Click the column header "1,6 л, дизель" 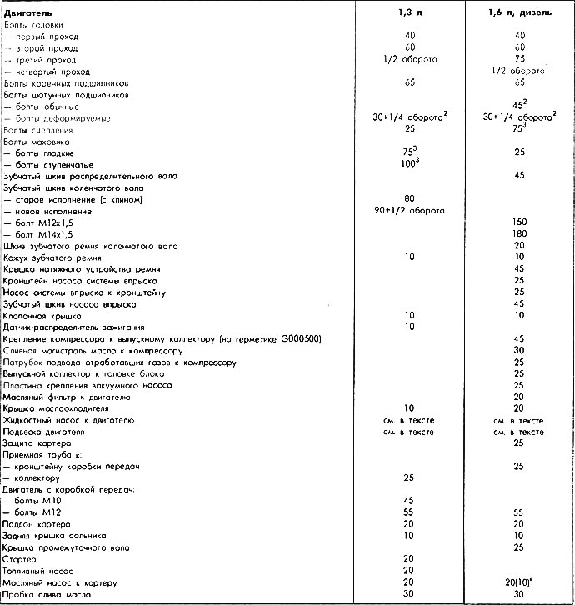pyautogui.click(x=519, y=13)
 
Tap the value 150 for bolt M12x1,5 pyautogui.click(x=519, y=223)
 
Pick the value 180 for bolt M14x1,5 pyautogui.click(x=519, y=235)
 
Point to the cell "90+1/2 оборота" pyautogui.click(x=408, y=212)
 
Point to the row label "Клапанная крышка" pyautogui.click(x=42, y=317)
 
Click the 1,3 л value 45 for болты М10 pyautogui.click(x=408, y=501)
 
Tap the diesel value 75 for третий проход pyautogui.click(x=519, y=60)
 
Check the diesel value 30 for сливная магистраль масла pyautogui.click(x=519, y=352)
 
